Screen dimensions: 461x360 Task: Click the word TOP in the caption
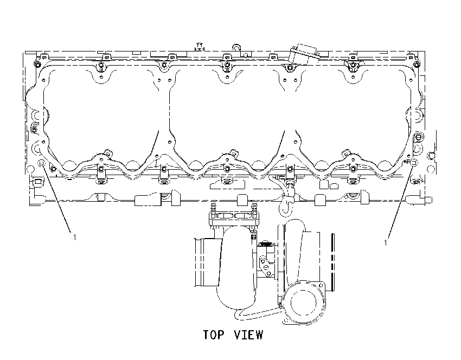(x=214, y=335)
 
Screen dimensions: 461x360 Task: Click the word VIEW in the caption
(x=249, y=335)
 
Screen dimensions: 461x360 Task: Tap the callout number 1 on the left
(x=75, y=237)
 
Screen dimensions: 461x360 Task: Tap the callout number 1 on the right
(x=386, y=243)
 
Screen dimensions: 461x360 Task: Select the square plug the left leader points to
(x=41, y=163)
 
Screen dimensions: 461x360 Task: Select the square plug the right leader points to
(x=414, y=163)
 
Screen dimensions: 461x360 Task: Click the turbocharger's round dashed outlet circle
(x=303, y=303)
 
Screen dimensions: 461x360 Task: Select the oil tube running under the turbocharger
(x=256, y=315)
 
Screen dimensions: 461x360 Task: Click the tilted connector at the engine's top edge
(x=304, y=54)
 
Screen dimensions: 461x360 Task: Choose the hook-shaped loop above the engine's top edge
(x=237, y=47)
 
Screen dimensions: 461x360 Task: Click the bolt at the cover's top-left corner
(x=37, y=65)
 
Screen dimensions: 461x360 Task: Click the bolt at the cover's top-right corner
(x=417, y=65)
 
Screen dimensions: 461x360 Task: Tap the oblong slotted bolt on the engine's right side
(x=418, y=137)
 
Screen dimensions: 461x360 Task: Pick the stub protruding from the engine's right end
(x=428, y=200)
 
